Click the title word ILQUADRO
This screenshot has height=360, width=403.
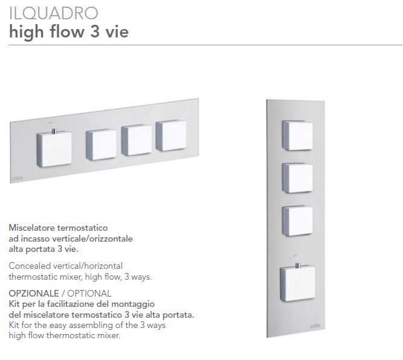[53, 13]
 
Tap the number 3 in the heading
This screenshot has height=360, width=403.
[95, 32]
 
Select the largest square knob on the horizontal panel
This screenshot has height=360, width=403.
[54, 149]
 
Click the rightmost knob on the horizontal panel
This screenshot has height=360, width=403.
[171, 135]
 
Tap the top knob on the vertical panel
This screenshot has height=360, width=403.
[297, 135]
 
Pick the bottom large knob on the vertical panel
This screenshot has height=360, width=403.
[298, 283]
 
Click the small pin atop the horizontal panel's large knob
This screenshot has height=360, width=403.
[54, 131]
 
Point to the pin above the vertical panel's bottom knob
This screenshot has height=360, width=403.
[297, 266]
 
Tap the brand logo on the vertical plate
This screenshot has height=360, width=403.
[315, 326]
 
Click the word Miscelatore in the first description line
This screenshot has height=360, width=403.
[31, 228]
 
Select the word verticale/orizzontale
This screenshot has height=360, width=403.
[92, 239]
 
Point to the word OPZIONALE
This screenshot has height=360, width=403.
[34, 293]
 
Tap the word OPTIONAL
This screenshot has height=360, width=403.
[89, 293]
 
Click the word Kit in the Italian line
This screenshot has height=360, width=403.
[14, 304]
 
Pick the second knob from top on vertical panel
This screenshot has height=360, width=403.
[297, 178]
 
